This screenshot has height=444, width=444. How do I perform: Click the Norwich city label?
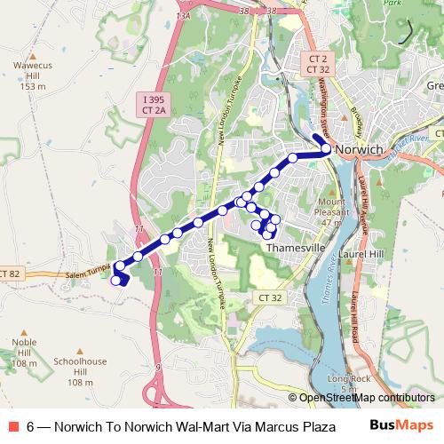click(360, 150)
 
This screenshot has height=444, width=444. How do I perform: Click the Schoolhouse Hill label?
click(80, 371)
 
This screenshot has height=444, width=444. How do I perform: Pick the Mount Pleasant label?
click(331, 212)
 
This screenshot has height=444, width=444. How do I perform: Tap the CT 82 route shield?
click(9, 274)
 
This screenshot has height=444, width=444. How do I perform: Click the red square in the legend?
click(12, 425)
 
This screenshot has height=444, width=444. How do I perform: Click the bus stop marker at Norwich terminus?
click(326, 149)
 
